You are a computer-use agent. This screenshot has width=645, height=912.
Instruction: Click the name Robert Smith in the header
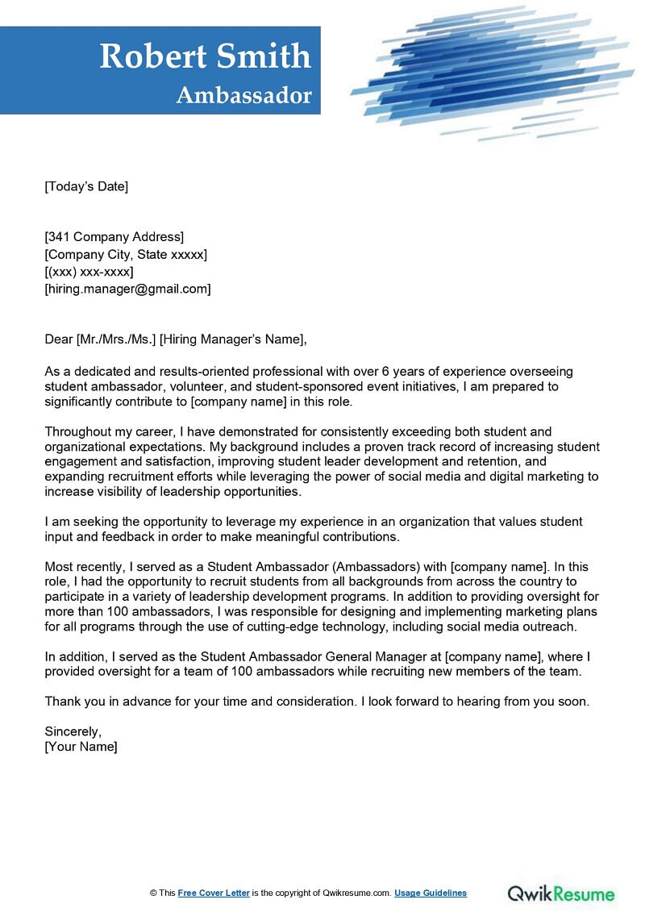(x=205, y=56)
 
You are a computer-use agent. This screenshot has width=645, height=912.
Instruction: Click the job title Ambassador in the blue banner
(x=243, y=95)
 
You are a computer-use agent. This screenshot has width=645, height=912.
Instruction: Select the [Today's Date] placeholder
(x=86, y=187)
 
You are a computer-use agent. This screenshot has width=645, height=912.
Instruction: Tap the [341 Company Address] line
(x=114, y=237)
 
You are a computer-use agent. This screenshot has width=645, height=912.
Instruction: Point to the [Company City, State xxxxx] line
(x=126, y=255)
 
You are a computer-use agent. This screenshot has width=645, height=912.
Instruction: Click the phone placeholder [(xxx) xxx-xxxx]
(x=89, y=272)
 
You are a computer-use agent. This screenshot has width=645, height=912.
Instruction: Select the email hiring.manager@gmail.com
(x=127, y=289)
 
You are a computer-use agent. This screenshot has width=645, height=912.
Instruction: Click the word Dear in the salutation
(x=58, y=339)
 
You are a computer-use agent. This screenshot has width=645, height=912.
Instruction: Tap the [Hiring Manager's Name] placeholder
(x=233, y=339)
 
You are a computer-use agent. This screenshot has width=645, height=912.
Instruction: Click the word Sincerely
(x=73, y=732)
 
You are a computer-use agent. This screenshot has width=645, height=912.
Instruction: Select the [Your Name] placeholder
(x=81, y=748)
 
